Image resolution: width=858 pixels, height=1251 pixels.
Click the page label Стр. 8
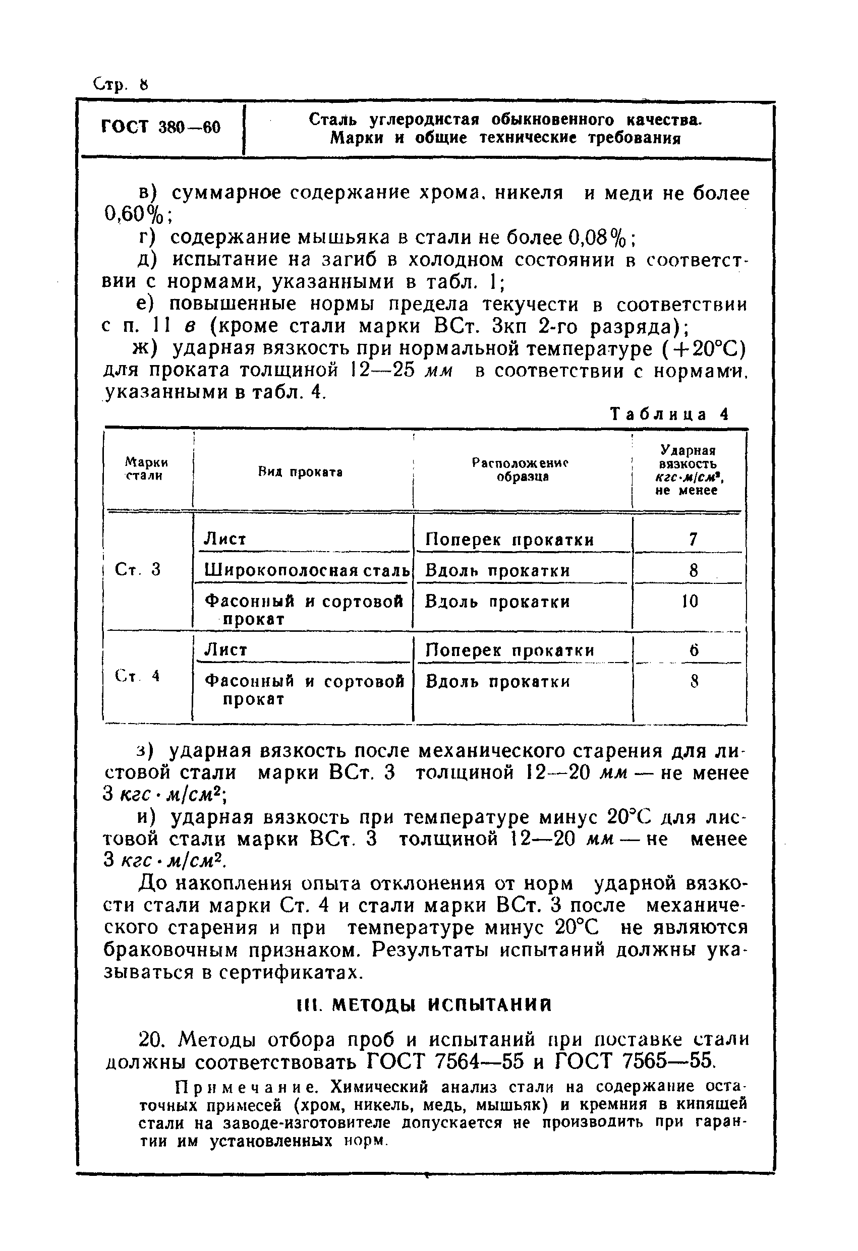click(120, 85)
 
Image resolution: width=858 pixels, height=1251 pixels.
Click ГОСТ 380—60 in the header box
click(160, 128)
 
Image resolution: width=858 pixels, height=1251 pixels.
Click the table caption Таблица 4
click(669, 414)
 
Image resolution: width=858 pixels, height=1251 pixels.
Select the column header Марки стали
click(145, 468)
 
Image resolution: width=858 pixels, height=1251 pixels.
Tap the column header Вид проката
click(301, 472)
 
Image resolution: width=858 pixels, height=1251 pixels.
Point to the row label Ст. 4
click(137, 677)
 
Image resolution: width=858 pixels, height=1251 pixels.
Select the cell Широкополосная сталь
click(307, 570)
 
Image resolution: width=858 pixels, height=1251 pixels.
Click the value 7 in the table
click(693, 539)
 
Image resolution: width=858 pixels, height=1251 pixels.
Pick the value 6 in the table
click(694, 651)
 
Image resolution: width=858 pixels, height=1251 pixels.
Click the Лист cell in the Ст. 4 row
click(225, 650)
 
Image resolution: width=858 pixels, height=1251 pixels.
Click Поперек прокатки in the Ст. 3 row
click(509, 540)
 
